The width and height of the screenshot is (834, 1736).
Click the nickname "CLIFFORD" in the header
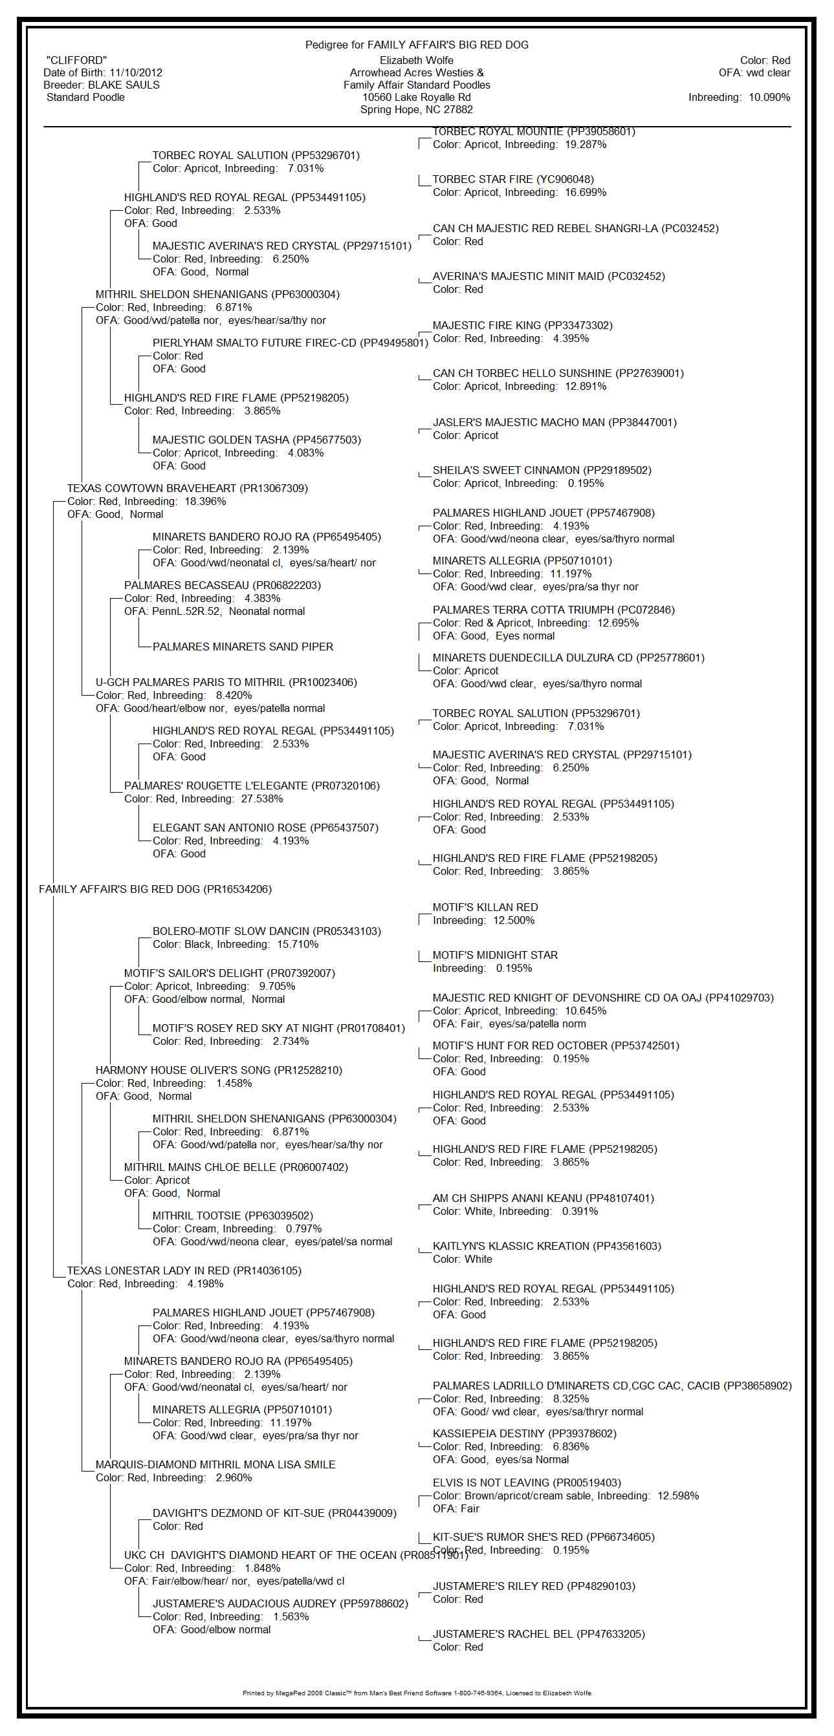point(76,61)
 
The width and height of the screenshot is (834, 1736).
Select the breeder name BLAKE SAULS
point(124,85)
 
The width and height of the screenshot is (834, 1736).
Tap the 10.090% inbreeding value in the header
point(769,97)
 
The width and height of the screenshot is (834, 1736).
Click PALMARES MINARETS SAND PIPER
point(243,647)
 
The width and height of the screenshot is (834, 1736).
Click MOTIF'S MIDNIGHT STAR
point(495,956)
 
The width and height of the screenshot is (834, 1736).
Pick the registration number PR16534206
point(237,890)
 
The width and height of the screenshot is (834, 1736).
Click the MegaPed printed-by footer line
point(417,1693)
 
